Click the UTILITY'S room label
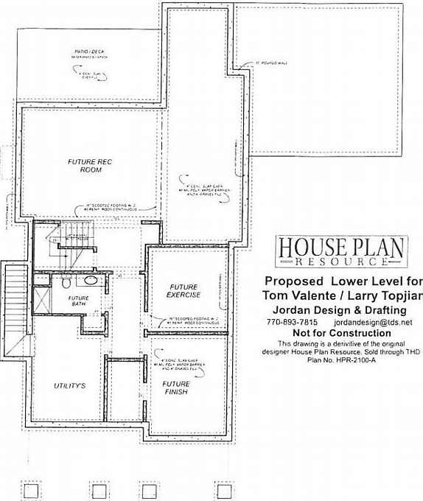pyautogui.click(x=71, y=386)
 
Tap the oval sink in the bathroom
pyautogui.click(x=91, y=281)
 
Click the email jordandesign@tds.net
pyautogui.click(x=372, y=323)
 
